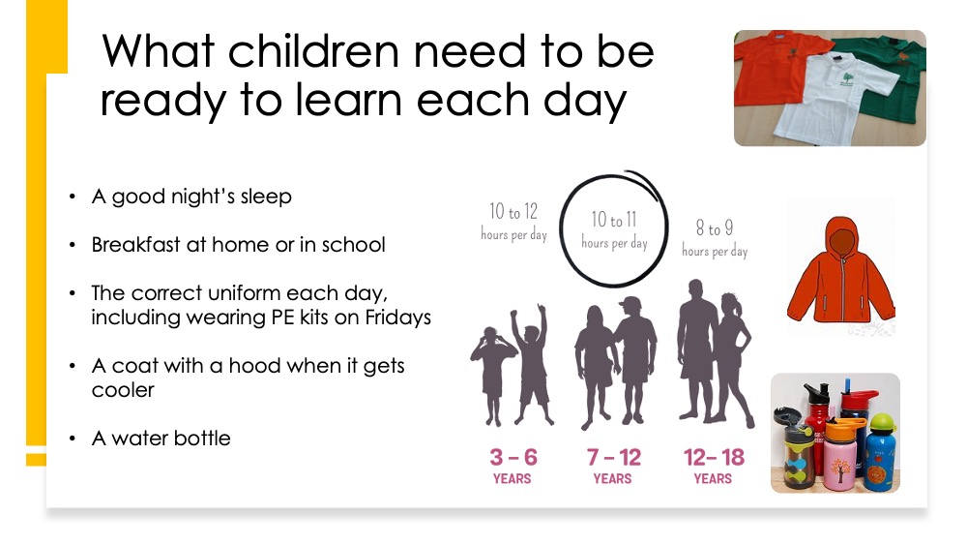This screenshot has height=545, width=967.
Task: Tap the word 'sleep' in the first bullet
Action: tap(266, 197)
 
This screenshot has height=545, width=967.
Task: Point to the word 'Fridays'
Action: tap(398, 318)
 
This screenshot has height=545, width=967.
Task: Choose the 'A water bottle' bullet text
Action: tap(161, 439)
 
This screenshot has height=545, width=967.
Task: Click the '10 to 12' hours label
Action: tap(513, 212)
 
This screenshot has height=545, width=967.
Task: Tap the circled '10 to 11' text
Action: tap(614, 220)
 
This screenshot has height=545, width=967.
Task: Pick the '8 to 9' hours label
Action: tap(715, 228)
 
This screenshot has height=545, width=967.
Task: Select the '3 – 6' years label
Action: tap(513, 457)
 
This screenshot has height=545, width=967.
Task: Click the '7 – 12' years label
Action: tap(614, 457)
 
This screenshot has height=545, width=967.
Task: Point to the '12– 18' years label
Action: tap(715, 457)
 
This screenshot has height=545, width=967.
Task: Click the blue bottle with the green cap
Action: tap(880, 454)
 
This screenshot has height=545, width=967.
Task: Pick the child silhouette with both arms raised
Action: tap(530, 364)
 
